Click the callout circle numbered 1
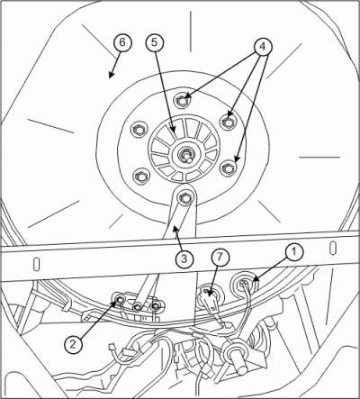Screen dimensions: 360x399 point(293,252)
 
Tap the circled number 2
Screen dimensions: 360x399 point(74,344)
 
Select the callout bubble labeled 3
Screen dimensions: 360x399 point(184,258)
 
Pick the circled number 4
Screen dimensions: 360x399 point(263,46)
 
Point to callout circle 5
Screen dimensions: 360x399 point(155,42)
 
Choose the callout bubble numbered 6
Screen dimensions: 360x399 point(122,42)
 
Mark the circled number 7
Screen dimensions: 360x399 point(220,258)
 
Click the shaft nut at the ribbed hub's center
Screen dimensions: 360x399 point(184,155)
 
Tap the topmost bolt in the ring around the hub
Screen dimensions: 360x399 point(183,100)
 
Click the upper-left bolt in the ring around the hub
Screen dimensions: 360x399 point(139,130)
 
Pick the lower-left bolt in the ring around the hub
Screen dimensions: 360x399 point(140,177)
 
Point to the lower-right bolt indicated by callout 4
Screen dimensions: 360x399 point(227,168)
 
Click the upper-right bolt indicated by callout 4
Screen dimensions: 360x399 point(228,122)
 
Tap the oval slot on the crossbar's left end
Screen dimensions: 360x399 point(36,264)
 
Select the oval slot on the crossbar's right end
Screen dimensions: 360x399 point(332,248)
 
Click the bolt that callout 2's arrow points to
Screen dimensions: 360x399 point(121,299)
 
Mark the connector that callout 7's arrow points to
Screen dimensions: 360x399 point(209,298)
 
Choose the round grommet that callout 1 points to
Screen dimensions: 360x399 point(244,283)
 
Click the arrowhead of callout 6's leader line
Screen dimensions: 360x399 point(111,76)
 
